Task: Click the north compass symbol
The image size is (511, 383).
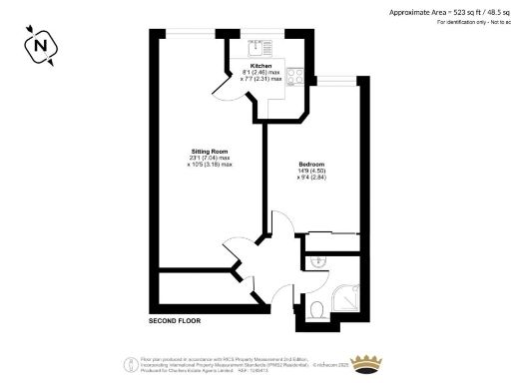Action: [41, 45]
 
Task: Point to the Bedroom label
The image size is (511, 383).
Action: [311, 164]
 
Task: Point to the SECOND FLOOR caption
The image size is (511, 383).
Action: [176, 323]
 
